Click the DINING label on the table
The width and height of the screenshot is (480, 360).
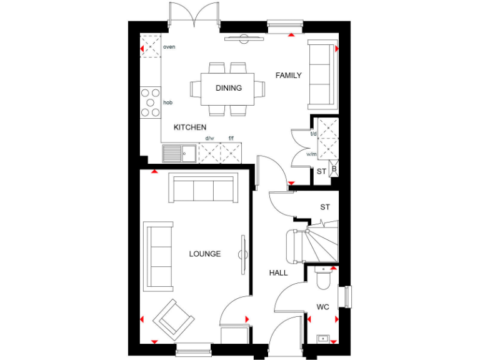point(229,88)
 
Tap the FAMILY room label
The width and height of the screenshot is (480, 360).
point(289,76)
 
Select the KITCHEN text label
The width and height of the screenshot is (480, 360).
point(189,127)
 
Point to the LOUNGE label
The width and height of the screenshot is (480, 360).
point(205,254)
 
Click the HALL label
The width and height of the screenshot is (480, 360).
point(278,273)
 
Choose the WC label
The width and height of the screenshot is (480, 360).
point(322,307)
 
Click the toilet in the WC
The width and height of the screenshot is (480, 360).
point(322,279)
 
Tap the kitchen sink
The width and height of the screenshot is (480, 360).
point(179,152)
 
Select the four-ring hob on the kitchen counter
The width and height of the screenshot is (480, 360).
point(151,102)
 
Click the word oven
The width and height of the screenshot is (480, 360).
point(169,47)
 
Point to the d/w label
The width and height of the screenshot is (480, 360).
point(209,139)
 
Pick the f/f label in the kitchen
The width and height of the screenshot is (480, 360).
point(231,139)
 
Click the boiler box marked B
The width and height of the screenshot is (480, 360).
point(334,169)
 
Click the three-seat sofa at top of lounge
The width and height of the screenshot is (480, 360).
point(204,189)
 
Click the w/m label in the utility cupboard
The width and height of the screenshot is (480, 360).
point(312,154)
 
